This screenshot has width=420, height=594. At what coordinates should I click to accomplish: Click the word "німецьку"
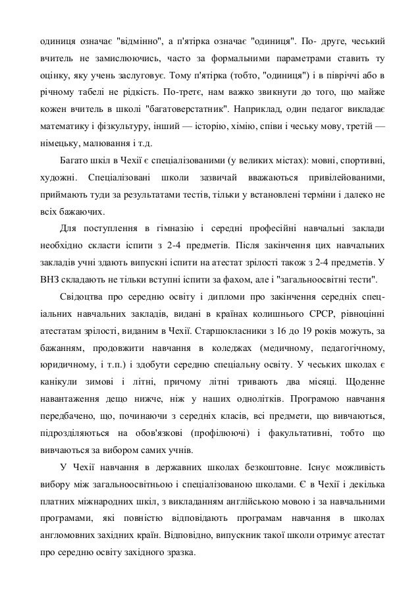tap(57, 141)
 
